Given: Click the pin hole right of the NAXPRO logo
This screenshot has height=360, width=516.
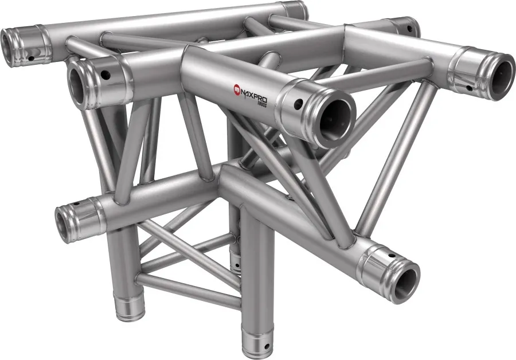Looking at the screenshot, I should [298, 104].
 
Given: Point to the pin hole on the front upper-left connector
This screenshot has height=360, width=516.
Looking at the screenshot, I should [106, 75].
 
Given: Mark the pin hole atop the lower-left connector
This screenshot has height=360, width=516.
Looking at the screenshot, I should [77, 204].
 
